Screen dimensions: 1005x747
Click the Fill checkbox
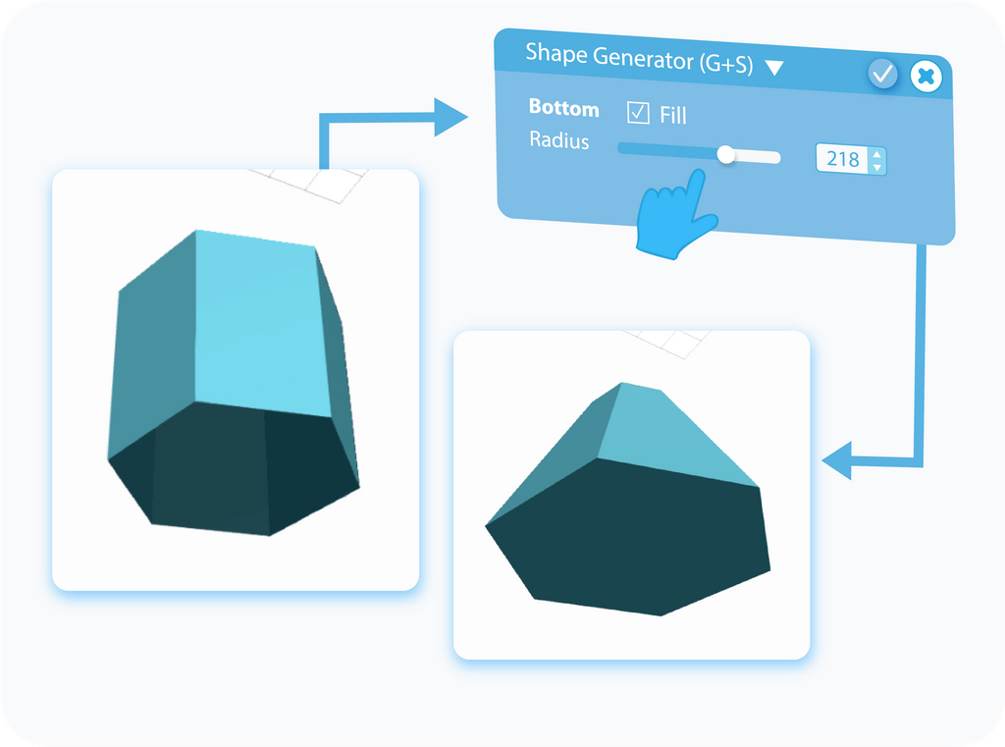tap(638, 112)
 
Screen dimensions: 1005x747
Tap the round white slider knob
tap(725, 154)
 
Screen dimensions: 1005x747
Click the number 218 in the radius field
tap(842, 158)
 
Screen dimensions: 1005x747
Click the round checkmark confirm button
tap(882, 75)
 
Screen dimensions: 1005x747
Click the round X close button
tap(926, 77)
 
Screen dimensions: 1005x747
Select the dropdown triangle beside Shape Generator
tap(774, 68)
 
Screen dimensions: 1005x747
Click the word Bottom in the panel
tap(564, 108)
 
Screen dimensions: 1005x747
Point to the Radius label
tap(558, 139)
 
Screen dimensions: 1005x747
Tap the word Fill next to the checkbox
tap(673, 116)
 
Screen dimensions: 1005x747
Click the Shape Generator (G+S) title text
tap(639, 58)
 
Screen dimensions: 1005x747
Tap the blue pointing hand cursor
tap(675, 215)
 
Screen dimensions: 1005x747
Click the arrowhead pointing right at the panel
tap(450, 118)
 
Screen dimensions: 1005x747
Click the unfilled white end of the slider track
tap(758, 157)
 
